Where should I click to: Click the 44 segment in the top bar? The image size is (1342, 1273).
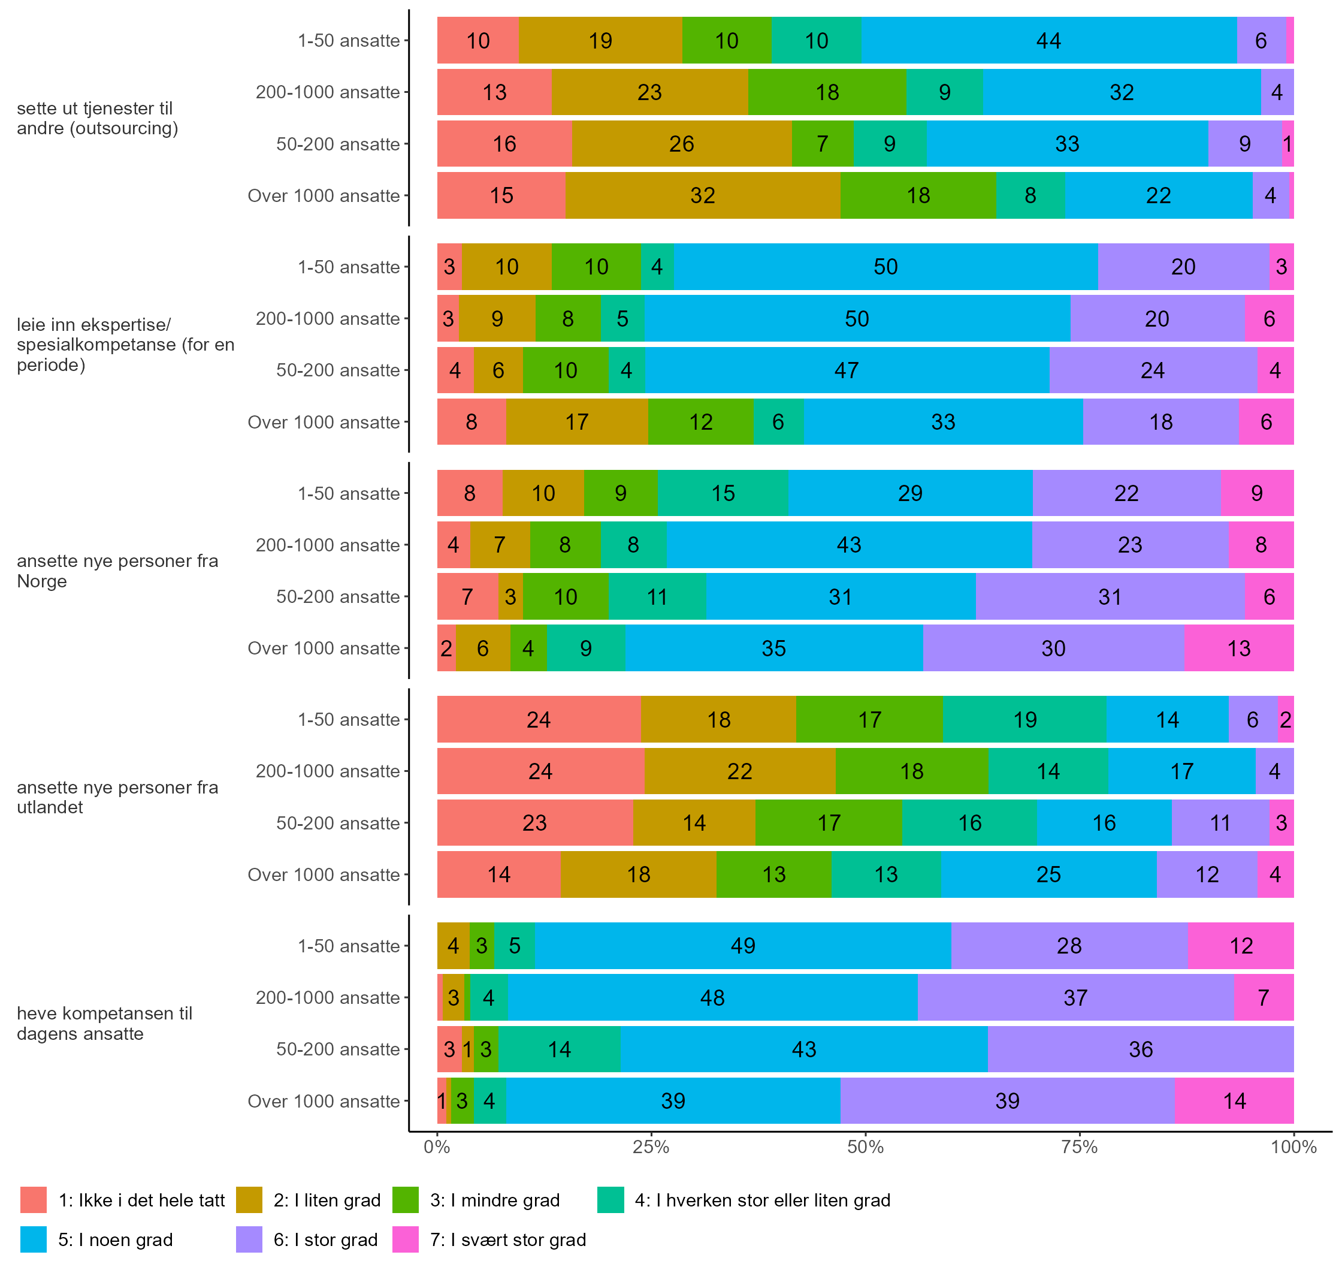click(x=1048, y=41)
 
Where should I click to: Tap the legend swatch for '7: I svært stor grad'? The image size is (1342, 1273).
click(x=405, y=1240)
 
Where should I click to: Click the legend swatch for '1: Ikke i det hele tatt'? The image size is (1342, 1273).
click(x=33, y=1200)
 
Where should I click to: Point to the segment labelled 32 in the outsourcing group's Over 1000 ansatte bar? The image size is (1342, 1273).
click(x=702, y=195)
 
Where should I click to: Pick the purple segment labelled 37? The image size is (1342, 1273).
click(x=1075, y=997)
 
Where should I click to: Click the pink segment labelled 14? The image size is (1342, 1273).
click(x=1234, y=1100)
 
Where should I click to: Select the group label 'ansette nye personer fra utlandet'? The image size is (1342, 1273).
click(x=117, y=797)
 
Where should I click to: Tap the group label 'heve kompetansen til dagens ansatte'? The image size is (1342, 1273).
click(x=104, y=1023)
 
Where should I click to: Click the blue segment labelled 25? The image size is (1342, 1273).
click(x=1048, y=874)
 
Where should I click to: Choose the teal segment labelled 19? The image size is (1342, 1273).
click(x=1024, y=719)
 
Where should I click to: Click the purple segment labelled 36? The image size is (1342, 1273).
click(x=1141, y=1049)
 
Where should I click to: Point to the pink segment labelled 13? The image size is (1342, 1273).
click(x=1239, y=648)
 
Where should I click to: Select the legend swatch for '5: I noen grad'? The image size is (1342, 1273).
click(x=33, y=1240)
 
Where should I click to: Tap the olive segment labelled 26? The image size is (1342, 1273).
click(x=681, y=144)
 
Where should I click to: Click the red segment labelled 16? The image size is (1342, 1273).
click(x=504, y=144)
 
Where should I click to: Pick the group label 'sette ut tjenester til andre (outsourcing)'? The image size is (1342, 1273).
click(x=97, y=118)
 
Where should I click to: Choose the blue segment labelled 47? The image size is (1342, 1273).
click(x=847, y=370)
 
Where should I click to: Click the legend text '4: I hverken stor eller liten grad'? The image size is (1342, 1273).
click(x=762, y=1200)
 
